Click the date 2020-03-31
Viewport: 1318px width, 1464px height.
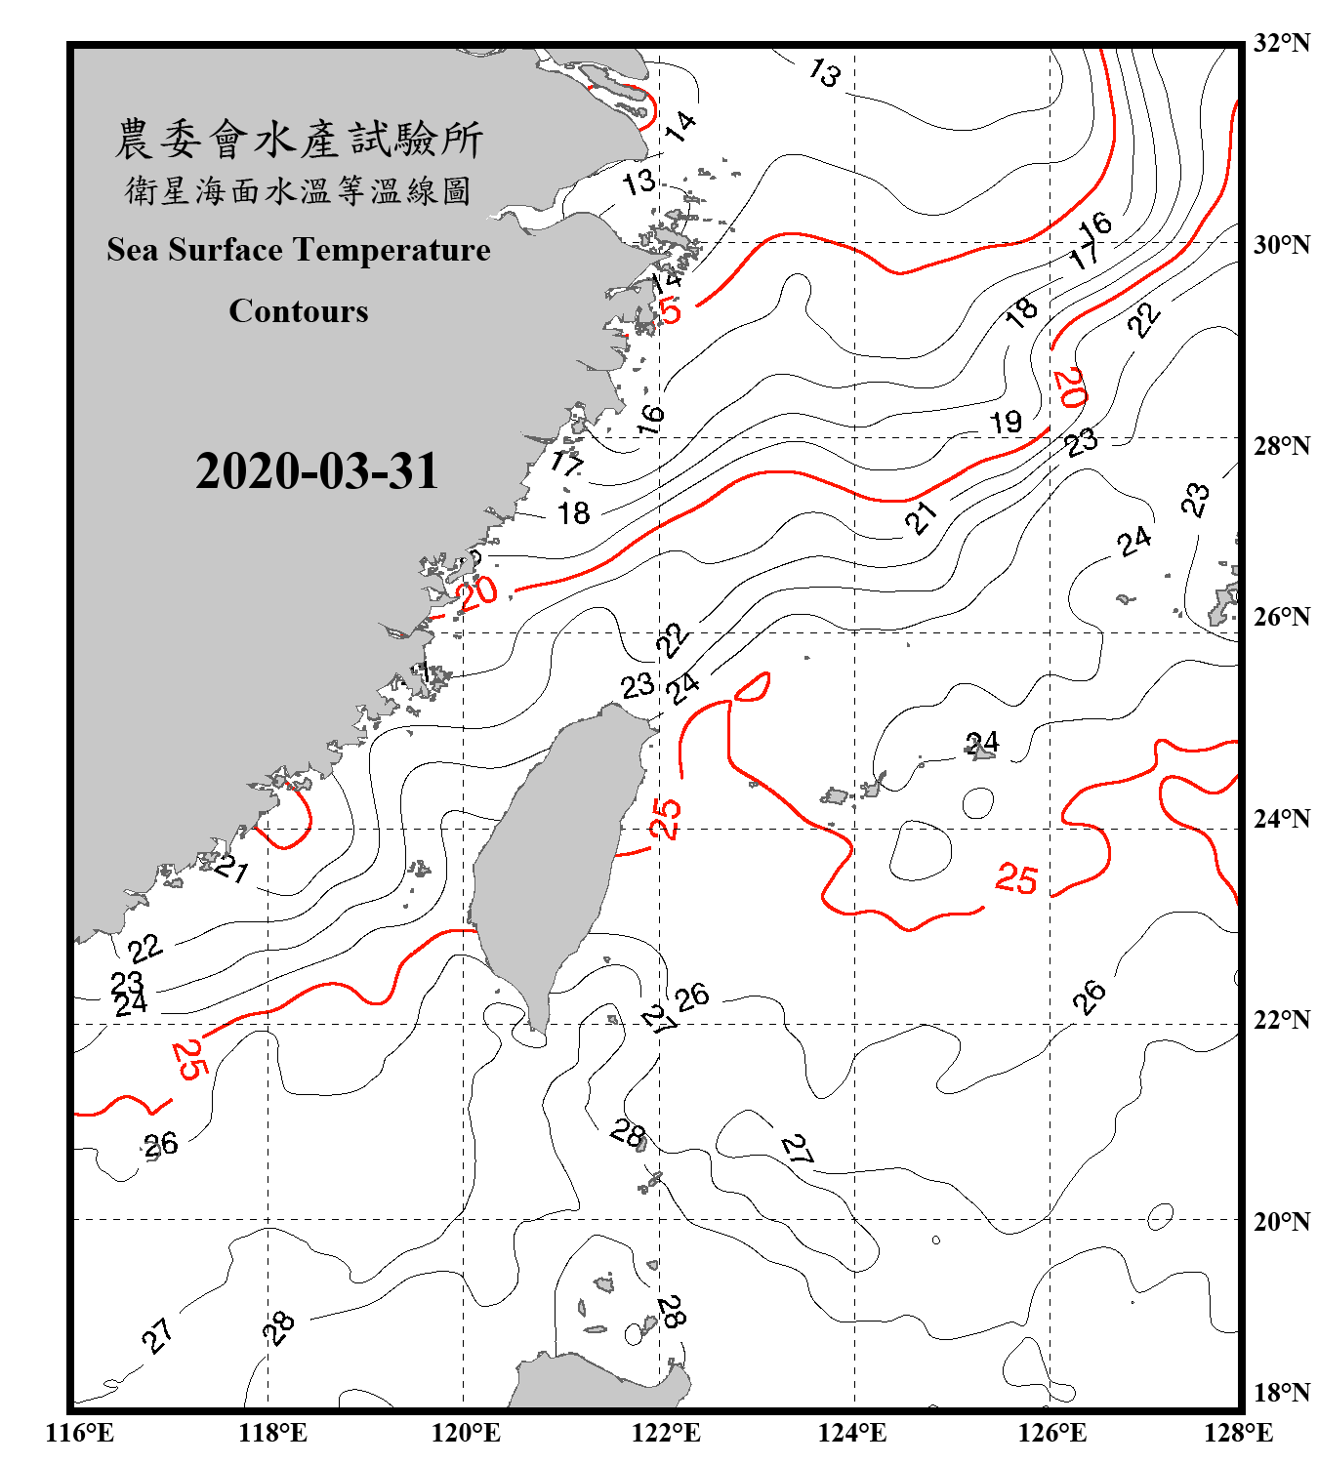(317, 471)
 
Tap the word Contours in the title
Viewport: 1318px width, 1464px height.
(299, 311)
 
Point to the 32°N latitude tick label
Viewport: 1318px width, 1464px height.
(1281, 43)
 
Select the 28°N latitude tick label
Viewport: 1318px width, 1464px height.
(1281, 446)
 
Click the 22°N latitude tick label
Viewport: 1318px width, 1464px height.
(1281, 1020)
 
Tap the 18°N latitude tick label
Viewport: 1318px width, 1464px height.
(1281, 1393)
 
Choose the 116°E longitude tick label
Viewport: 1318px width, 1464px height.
(80, 1433)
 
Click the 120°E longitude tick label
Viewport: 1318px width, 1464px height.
(466, 1433)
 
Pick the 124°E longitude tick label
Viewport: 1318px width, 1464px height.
(852, 1433)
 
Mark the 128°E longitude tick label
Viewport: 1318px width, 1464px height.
(1238, 1433)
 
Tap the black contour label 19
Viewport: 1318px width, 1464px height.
(1006, 423)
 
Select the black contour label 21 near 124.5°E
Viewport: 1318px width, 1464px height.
(921, 516)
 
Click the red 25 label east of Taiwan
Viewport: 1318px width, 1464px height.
(666, 818)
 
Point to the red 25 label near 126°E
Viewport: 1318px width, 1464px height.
(1016, 879)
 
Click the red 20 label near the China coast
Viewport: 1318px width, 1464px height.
(477, 592)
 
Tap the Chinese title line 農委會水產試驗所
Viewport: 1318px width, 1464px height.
(299, 140)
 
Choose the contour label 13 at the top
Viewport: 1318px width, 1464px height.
(825, 73)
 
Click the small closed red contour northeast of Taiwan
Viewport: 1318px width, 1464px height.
(752, 687)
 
